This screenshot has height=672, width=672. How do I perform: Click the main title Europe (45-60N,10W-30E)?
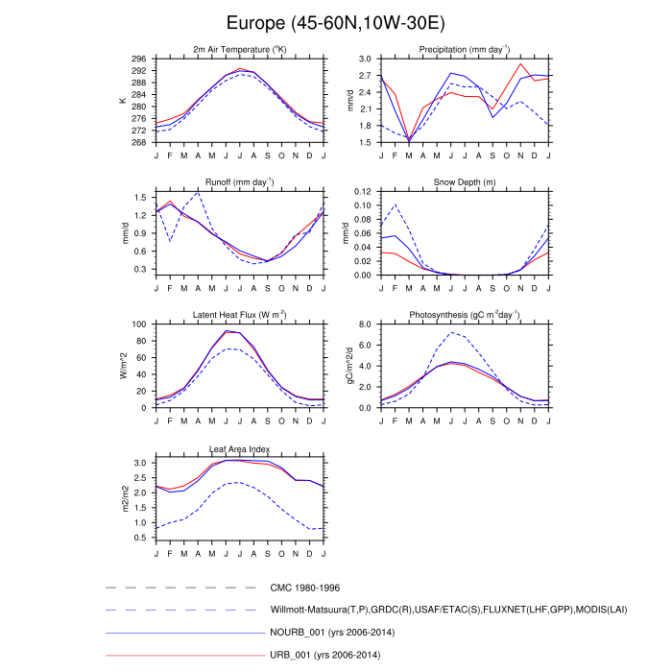click(x=336, y=22)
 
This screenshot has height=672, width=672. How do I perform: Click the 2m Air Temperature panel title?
click(x=239, y=50)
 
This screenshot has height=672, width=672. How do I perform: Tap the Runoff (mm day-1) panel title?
click(x=239, y=182)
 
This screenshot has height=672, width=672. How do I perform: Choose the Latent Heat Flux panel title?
click(x=239, y=316)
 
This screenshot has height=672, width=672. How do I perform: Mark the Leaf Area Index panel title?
click(x=239, y=448)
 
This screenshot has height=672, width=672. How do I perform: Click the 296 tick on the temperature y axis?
click(x=140, y=60)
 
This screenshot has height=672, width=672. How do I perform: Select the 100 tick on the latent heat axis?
click(x=140, y=324)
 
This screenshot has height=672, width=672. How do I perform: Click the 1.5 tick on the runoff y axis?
click(x=142, y=197)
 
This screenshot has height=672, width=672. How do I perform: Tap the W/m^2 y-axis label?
click(x=122, y=366)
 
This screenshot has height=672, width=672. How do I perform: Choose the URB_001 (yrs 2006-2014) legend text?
click(x=328, y=655)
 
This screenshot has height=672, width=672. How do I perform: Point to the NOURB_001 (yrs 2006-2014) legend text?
click(x=334, y=633)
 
